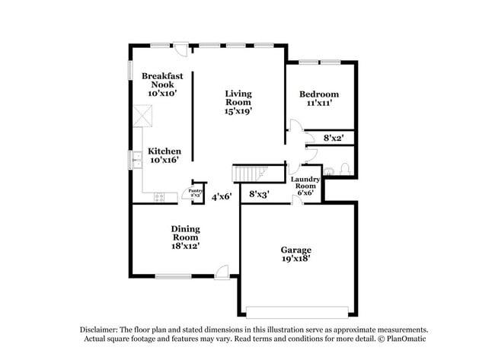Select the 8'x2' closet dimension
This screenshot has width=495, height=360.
tap(334, 139)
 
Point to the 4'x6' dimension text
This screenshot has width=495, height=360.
tap(222, 196)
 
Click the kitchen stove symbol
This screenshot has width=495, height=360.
tap(159, 197)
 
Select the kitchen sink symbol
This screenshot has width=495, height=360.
tap(138, 161)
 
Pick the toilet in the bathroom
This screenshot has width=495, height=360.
tap(343, 168)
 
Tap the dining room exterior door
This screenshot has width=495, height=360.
tap(221, 271)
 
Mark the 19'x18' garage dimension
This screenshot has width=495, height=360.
tap(296, 259)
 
